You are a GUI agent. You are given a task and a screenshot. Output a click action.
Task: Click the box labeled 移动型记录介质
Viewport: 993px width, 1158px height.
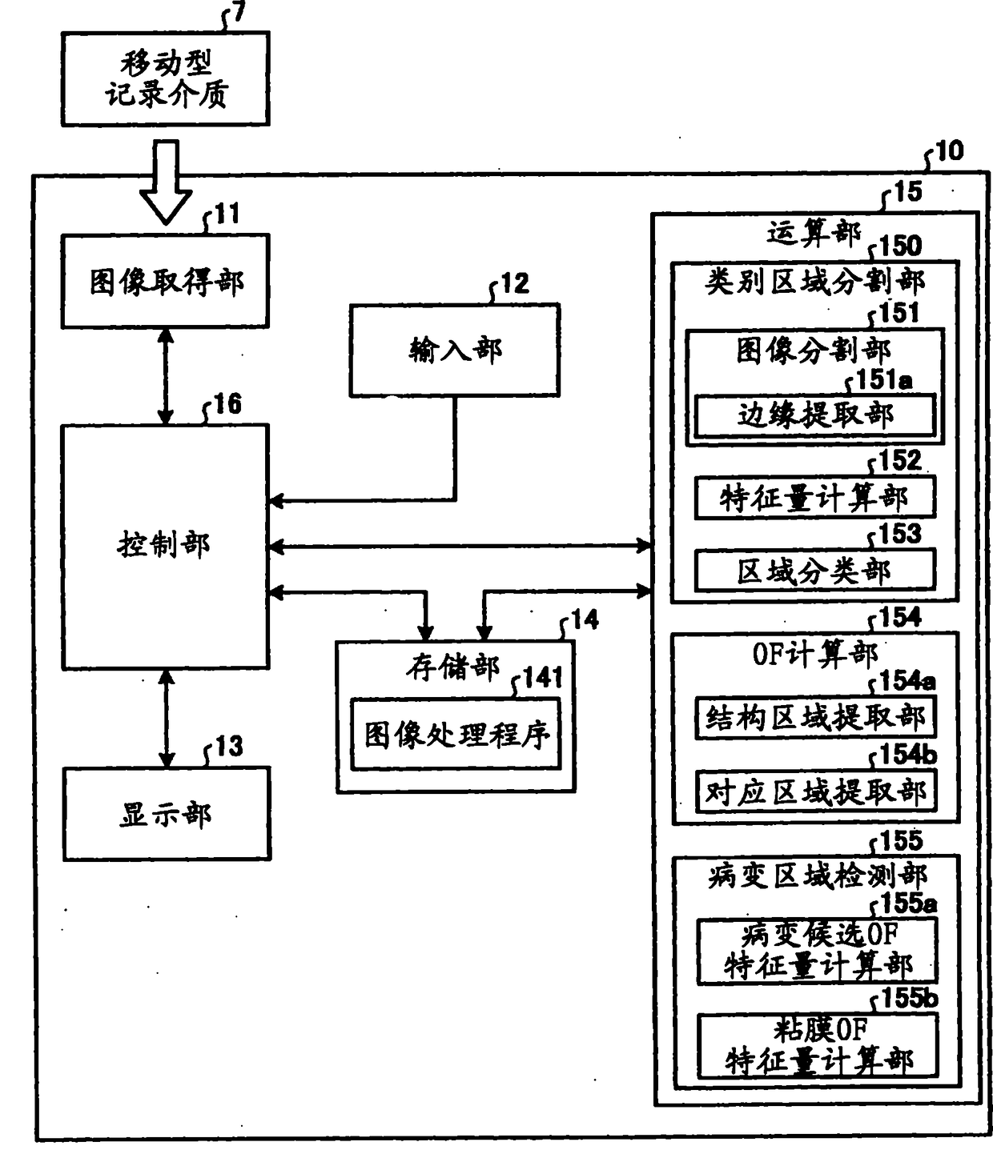coord(165,78)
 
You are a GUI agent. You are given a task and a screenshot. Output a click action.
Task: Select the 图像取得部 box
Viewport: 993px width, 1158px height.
coord(165,281)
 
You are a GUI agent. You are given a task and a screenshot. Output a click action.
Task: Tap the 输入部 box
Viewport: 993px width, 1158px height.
coord(454,350)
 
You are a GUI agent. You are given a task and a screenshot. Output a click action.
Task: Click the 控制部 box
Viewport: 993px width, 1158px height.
coord(165,547)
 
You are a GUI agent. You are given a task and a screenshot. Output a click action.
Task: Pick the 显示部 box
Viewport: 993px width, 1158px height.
coord(167,814)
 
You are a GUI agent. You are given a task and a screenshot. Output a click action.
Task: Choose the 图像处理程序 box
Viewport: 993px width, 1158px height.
coord(456,735)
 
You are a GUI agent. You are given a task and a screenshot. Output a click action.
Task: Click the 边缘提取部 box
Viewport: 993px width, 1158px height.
coord(814,415)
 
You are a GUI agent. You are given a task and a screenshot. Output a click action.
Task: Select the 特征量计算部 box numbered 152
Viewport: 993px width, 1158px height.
coord(814,499)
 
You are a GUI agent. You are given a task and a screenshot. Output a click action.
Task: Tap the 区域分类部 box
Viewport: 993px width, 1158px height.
coord(814,571)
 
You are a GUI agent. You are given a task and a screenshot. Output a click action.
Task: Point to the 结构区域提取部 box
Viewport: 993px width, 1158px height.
coord(815,717)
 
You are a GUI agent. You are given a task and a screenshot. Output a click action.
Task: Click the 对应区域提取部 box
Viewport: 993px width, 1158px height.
coord(815,791)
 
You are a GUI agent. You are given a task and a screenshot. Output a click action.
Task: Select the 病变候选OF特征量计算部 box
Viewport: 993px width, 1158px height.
coord(817,951)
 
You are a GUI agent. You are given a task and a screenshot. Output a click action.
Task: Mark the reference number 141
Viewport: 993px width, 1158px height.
coord(543,678)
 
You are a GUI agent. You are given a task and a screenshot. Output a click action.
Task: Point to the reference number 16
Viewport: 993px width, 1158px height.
coord(227,404)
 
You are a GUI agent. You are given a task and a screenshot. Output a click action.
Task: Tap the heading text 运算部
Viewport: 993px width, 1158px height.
coord(813,233)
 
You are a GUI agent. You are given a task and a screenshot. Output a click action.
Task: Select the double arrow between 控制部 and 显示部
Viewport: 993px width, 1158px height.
coord(166,718)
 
